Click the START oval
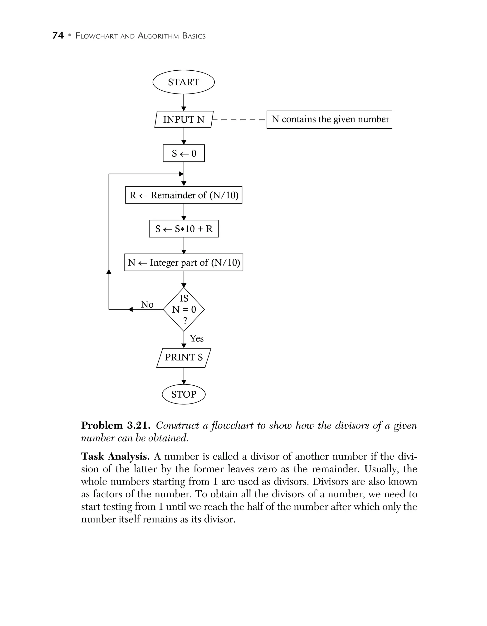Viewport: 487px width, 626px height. click(x=183, y=82)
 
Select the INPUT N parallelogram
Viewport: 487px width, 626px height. click(x=183, y=119)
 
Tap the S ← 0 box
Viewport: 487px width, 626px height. click(x=184, y=153)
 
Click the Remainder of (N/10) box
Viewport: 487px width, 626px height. click(x=184, y=195)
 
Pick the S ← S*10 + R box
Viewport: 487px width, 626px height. click(x=184, y=229)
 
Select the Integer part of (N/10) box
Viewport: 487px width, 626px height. click(x=184, y=262)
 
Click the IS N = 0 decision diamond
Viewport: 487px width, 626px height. click(x=184, y=310)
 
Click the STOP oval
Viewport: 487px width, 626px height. click(x=184, y=394)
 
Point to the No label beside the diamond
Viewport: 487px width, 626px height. click(x=147, y=304)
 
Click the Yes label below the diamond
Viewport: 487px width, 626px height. click(x=197, y=339)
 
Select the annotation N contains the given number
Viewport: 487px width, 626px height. click(x=330, y=119)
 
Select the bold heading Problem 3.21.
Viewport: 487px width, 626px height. click(x=116, y=426)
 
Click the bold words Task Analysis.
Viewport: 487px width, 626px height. click(x=115, y=456)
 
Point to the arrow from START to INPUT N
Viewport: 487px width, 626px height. click(x=184, y=103)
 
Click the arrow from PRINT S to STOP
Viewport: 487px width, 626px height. click(x=184, y=376)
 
